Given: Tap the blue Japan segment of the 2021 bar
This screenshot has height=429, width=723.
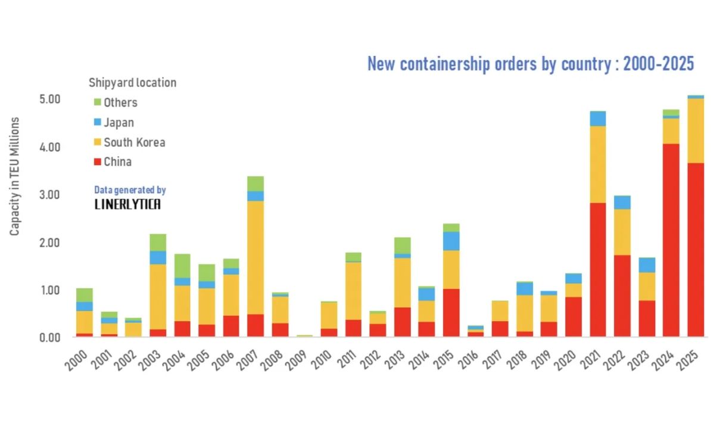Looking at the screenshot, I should tap(598, 119).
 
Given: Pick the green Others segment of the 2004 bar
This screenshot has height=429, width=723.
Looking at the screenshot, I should tap(182, 266).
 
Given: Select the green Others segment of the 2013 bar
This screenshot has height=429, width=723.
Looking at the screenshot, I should tap(403, 245).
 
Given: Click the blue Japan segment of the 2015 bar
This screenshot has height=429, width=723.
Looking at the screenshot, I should tap(451, 241).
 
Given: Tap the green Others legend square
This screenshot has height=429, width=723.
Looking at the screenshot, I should tap(98, 102).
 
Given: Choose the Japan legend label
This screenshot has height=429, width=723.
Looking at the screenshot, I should tap(119, 123).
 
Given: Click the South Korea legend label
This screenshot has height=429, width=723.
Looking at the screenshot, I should tap(134, 142).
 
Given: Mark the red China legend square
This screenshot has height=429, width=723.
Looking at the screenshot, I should tap(98, 162).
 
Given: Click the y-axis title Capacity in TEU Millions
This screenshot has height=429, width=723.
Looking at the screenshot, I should tap(15, 176).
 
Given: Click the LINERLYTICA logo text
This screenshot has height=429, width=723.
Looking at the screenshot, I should tap(128, 204).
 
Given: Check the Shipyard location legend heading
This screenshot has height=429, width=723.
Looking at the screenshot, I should tap(132, 83).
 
